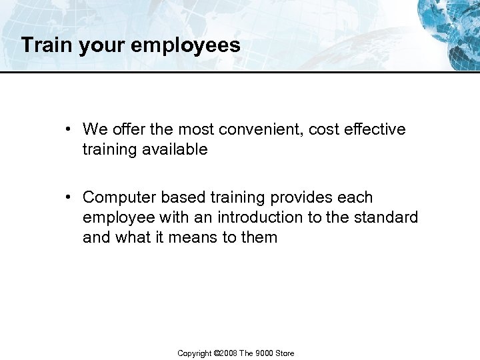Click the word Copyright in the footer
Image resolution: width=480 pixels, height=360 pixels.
[193, 353]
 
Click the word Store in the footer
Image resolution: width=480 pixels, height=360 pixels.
[285, 353]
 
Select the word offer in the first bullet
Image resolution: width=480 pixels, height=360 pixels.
[124, 129]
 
